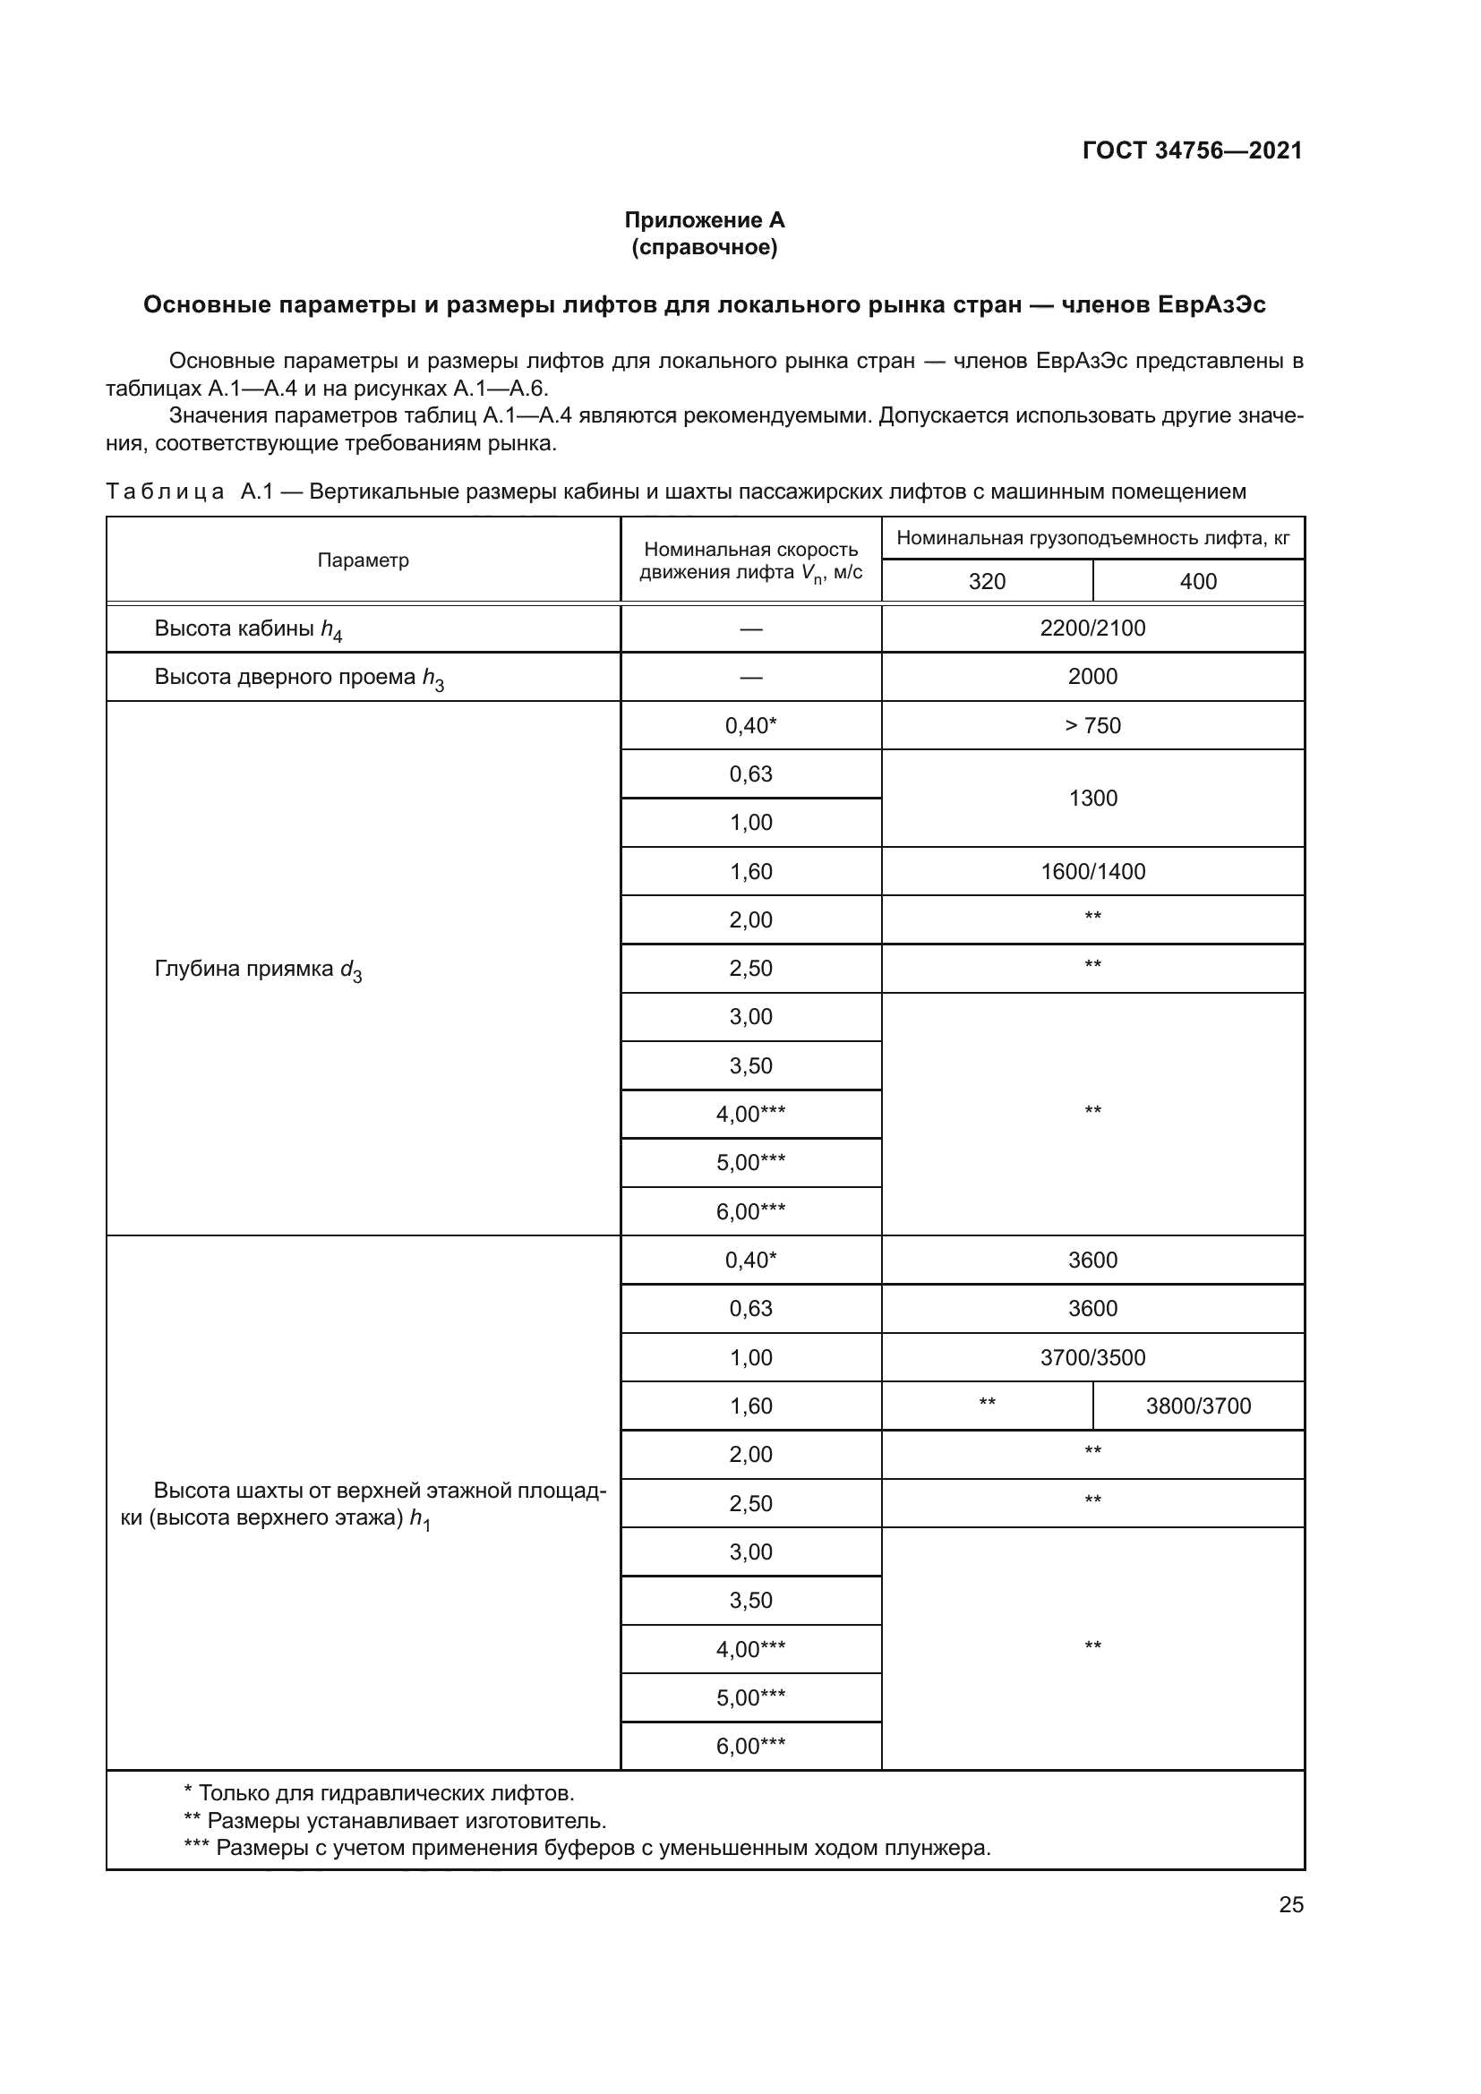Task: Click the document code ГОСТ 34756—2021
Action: (1192, 150)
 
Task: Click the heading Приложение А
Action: (704, 220)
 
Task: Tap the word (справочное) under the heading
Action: (704, 247)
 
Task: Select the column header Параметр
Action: (363, 560)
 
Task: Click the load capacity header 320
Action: (987, 581)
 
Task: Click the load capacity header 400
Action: (1197, 581)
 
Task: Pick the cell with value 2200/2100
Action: (1092, 628)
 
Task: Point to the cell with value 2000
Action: (1092, 677)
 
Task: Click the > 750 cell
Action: (1092, 726)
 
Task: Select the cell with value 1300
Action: (1092, 798)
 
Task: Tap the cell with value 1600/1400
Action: (1092, 872)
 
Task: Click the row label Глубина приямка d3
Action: (258, 970)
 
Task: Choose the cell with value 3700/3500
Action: (1092, 1358)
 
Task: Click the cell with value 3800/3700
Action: (1197, 1406)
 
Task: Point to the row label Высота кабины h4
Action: (248, 629)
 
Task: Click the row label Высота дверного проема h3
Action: (298, 678)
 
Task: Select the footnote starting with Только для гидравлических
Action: (380, 1793)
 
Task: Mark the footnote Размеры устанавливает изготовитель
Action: (396, 1821)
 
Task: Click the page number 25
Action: (1290, 1905)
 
